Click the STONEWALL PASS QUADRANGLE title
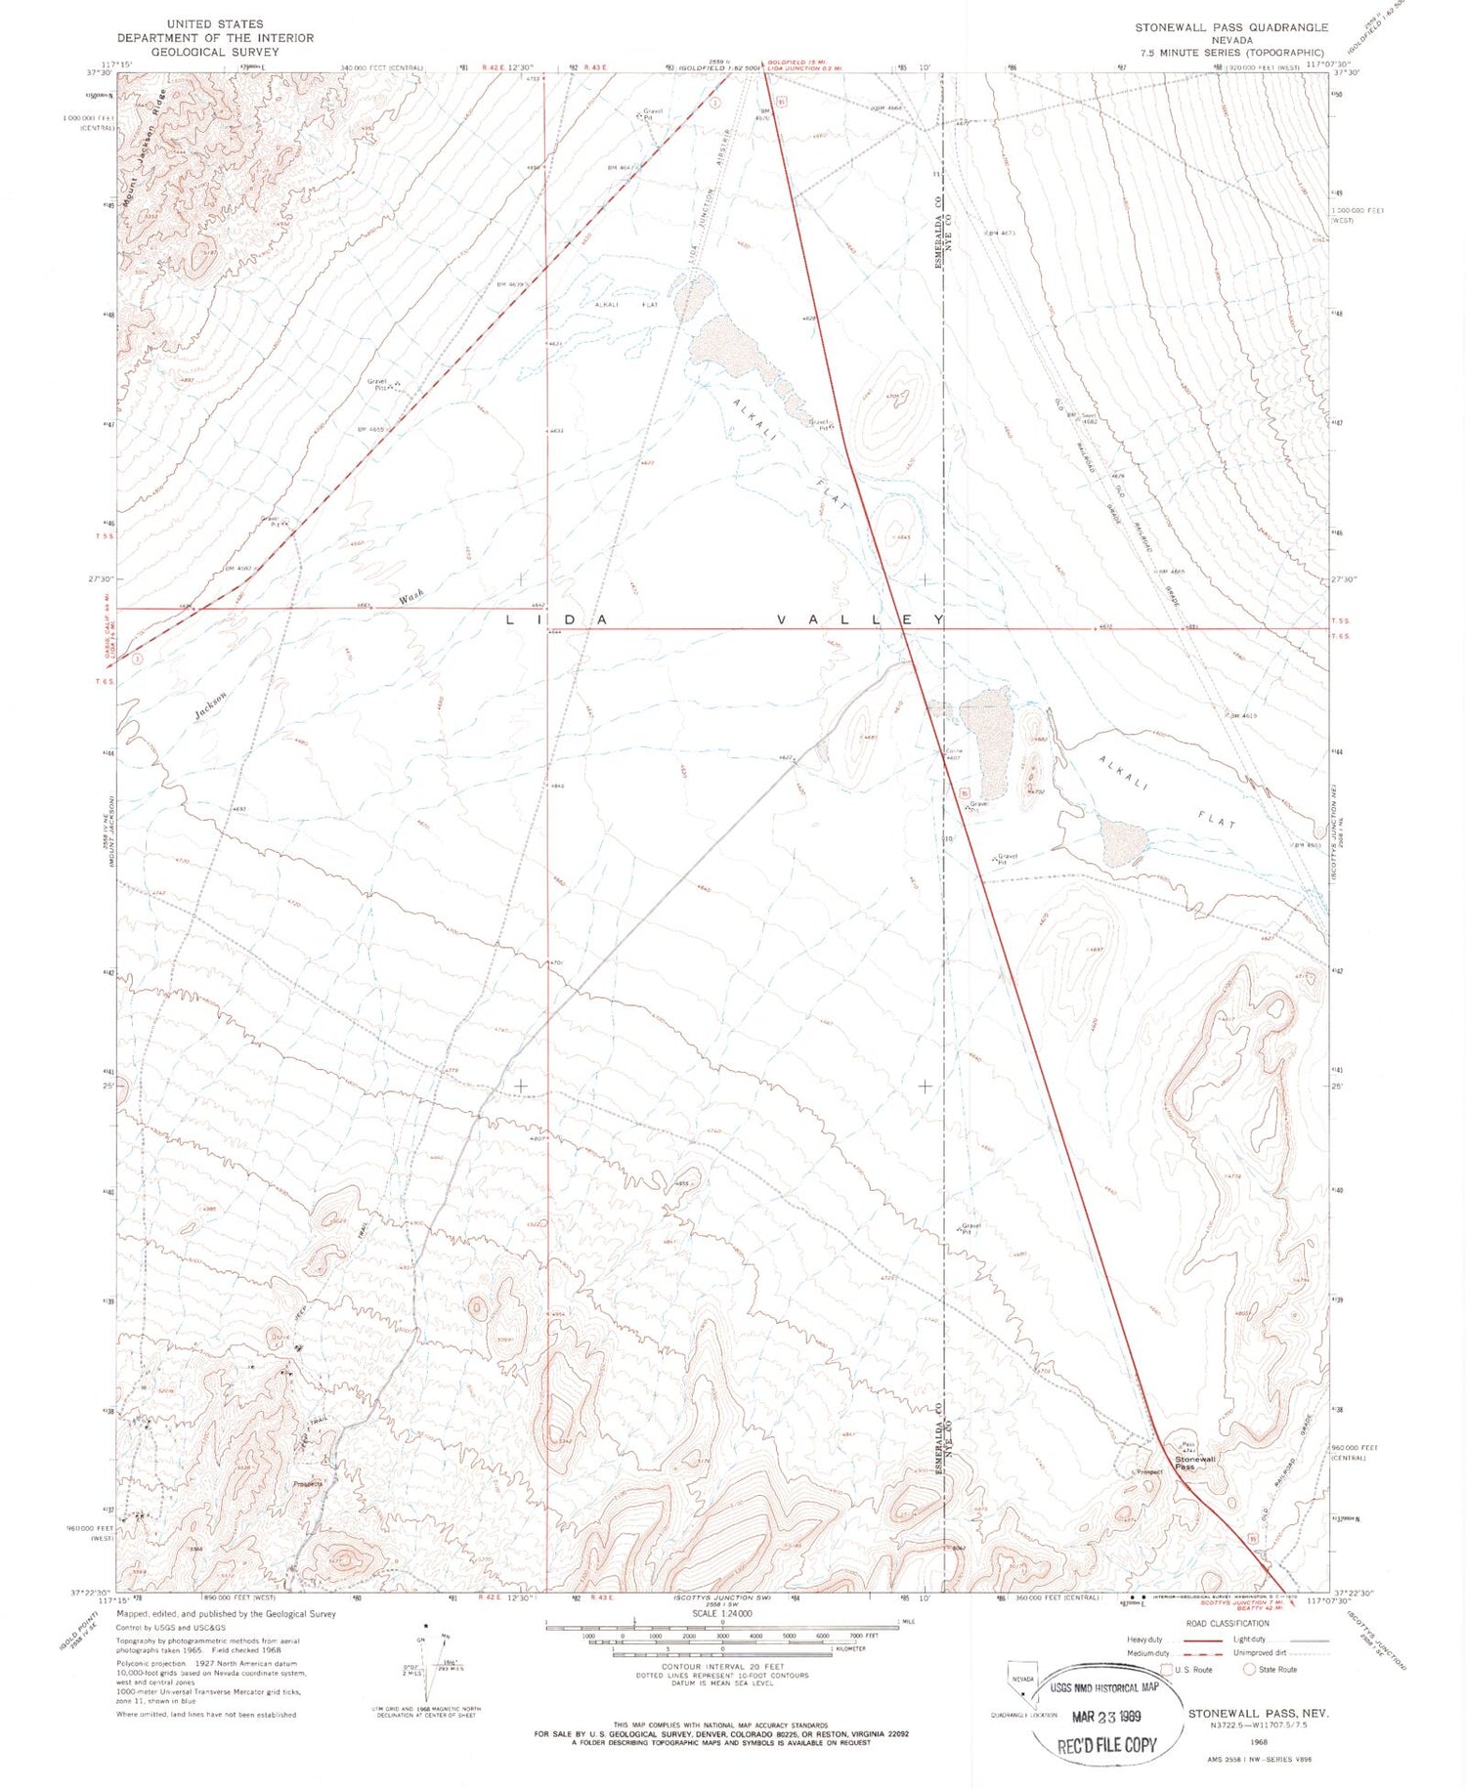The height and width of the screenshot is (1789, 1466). pyautogui.click(x=1230, y=27)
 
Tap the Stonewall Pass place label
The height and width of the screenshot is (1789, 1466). pyautogui.click(x=1195, y=1463)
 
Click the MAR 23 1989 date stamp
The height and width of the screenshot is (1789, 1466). pyautogui.click(x=1108, y=1717)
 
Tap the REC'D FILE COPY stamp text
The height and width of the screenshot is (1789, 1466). pyautogui.click(x=1106, y=1744)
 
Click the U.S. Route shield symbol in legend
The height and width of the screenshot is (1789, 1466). pyautogui.click(x=1165, y=1669)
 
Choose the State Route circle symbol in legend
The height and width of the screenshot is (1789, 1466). pyautogui.click(x=1248, y=1669)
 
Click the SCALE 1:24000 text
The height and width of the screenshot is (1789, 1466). pyautogui.click(x=722, y=1613)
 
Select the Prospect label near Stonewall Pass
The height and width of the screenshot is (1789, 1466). pyautogui.click(x=1148, y=1471)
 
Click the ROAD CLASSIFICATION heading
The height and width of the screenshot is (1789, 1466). pyautogui.click(x=1227, y=1623)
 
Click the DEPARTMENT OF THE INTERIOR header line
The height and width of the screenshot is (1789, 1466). pyautogui.click(x=215, y=38)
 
